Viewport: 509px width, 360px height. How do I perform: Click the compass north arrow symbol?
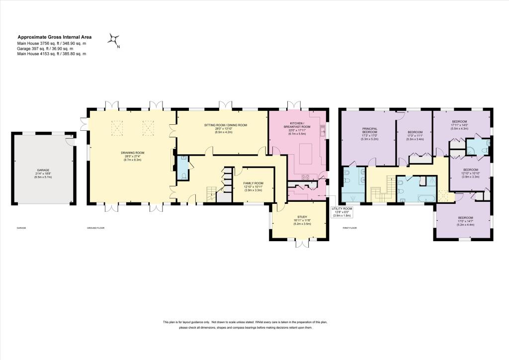coord(114,39)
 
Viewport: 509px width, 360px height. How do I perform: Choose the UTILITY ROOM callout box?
coord(342,212)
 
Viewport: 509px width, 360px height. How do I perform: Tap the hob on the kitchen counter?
coord(305,177)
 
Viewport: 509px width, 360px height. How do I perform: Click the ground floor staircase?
coord(211,194)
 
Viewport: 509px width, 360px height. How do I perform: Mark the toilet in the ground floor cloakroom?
coord(184,175)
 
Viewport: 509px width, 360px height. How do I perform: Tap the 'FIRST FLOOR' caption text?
coord(350,228)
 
